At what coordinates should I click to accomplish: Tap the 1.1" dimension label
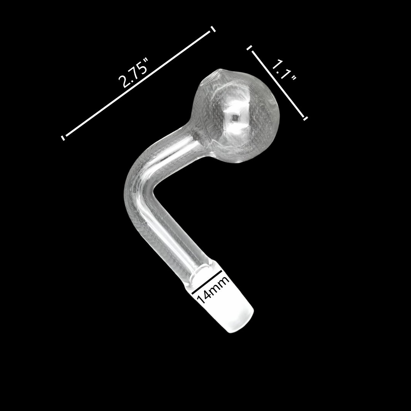coord(284,72)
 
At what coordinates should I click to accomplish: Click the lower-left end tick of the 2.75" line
coord(63,137)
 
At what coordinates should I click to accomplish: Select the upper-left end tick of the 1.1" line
coord(250,48)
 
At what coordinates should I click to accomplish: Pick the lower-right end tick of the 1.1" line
coord(305,118)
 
